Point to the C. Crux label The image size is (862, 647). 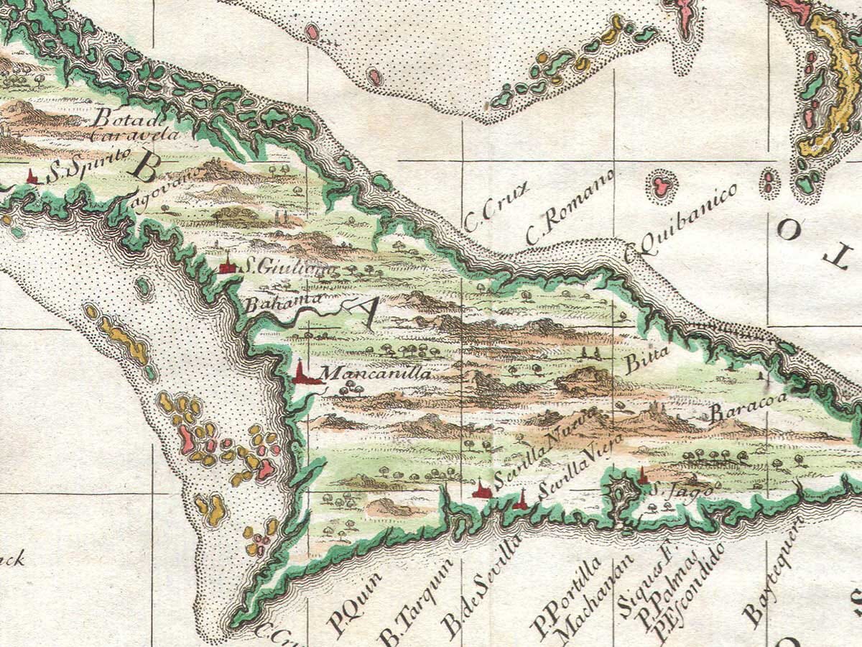coord(496,207)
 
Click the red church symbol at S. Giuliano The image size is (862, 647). coord(228,265)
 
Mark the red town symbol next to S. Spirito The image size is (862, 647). coord(32,175)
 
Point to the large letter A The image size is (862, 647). coord(363,312)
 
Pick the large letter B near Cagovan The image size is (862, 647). coord(146,169)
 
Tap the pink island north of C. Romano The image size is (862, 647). coord(661,185)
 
